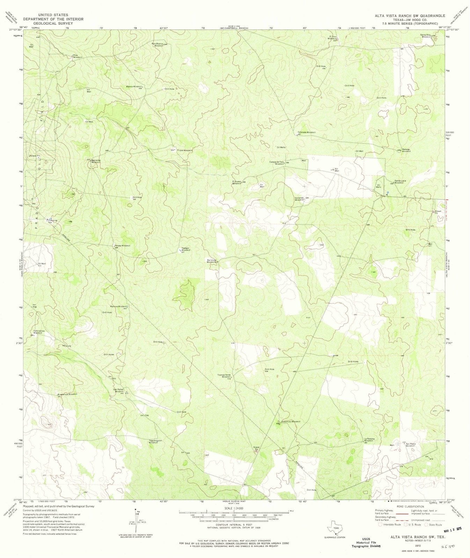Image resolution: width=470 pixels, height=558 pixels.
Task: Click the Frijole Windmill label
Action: [185, 150]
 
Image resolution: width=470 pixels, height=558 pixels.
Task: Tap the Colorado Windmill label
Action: [307, 133]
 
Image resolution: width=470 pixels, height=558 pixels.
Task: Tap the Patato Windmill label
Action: [122, 246]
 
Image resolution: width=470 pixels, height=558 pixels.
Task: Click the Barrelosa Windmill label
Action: [213, 261]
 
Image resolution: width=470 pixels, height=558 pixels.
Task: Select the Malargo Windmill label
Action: [406, 150]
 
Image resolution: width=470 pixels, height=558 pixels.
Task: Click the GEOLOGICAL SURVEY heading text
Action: [53, 24]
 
